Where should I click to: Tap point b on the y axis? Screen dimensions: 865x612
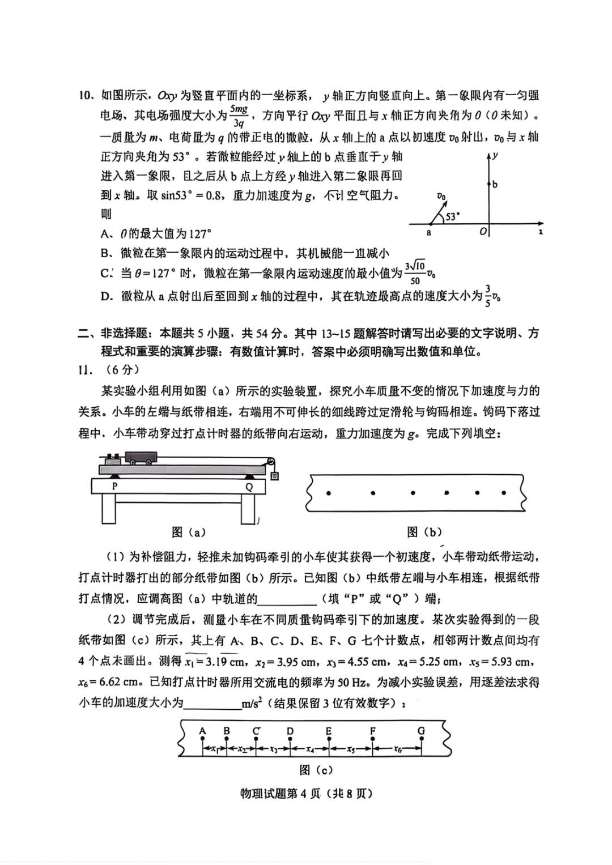click(488, 184)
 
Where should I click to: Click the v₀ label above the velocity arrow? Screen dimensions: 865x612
click(441, 196)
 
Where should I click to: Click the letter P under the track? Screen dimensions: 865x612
click(115, 486)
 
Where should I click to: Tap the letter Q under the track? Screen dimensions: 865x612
click(249, 486)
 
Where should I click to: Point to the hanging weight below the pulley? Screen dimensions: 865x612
click(274, 476)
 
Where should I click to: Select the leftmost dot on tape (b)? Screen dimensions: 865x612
click(329, 493)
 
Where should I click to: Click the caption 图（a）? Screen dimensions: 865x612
click(189, 532)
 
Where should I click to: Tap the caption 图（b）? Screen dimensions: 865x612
click(424, 532)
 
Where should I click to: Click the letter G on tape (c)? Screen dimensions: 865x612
click(421, 731)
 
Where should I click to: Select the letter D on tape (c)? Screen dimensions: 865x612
click(290, 731)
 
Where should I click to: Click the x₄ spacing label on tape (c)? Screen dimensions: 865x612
click(310, 749)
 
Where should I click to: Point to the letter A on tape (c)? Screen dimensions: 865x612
click(202, 731)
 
